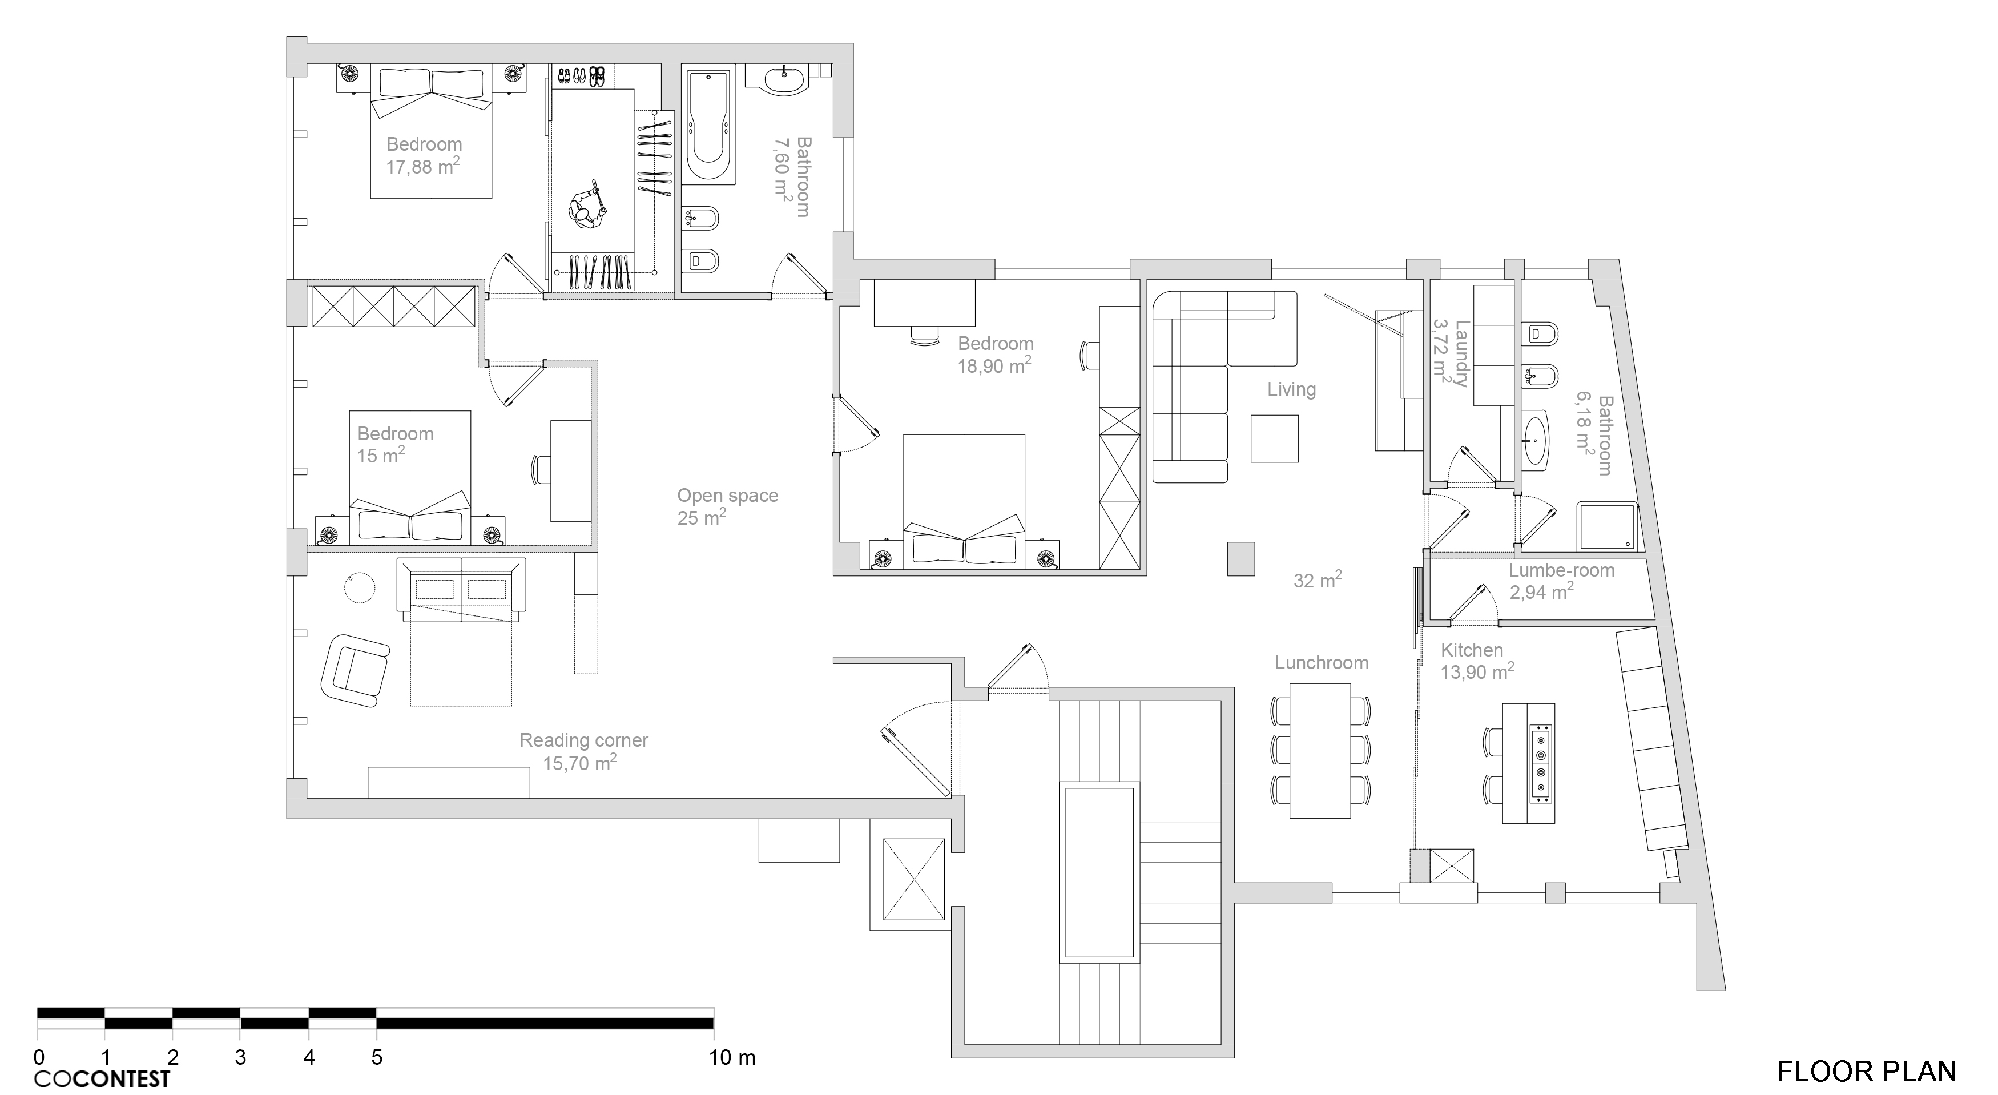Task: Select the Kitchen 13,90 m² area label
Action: tap(1477, 661)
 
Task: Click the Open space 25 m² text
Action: tap(727, 506)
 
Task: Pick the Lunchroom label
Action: tap(1322, 663)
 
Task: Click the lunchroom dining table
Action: tap(1320, 750)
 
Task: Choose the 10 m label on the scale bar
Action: tap(731, 1057)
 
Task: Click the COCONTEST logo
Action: tap(102, 1078)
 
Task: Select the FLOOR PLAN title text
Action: tap(1866, 1072)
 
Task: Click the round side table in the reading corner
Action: tap(360, 589)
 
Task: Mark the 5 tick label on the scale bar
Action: tap(377, 1057)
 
